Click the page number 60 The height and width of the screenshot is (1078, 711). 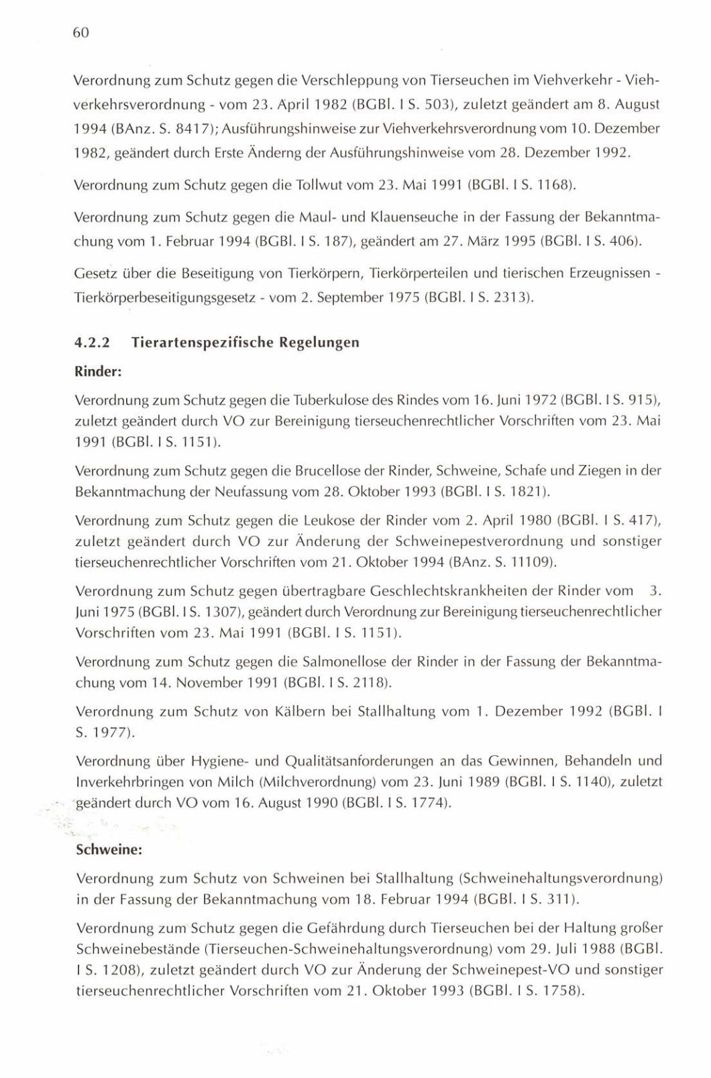coord(80,33)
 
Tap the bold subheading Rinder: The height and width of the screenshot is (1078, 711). coord(97,371)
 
